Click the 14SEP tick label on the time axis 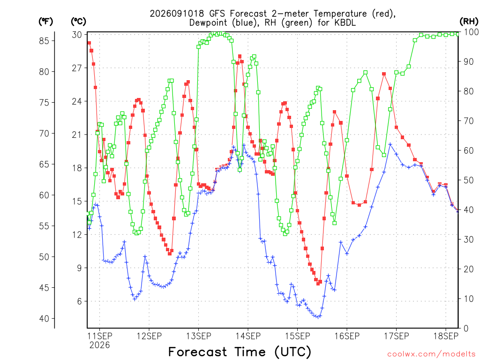[x=248, y=336]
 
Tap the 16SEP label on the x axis [x=347, y=336]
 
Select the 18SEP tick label [x=446, y=336]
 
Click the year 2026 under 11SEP [x=99, y=345]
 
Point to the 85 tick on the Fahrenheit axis [x=44, y=41]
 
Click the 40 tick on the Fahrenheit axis [x=44, y=319]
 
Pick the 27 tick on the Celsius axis [x=77, y=68]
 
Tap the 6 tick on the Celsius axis [x=80, y=301]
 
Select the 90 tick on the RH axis [x=469, y=61]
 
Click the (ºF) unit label [x=45, y=22]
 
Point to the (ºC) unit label [x=78, y=22]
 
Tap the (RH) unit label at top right [x=469, y=22]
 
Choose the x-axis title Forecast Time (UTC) [x=240, y=352]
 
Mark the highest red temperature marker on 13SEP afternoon [x=240, y=56]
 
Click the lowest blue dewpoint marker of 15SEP [x=318, y=317]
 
